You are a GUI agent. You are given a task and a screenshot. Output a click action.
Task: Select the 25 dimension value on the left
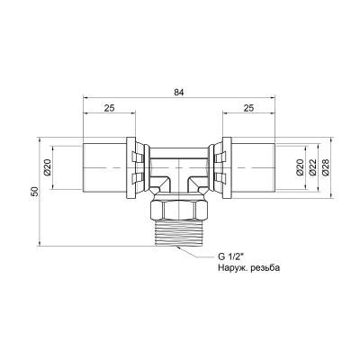click(x=108, y=108)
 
